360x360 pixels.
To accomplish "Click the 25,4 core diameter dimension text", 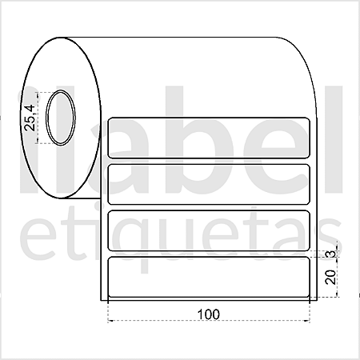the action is pos(30,118).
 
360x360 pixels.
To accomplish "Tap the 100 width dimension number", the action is pos(209,314).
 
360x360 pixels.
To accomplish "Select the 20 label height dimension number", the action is pos(330,277).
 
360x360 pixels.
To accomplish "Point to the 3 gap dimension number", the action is pos(331,254).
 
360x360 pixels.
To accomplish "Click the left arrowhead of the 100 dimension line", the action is pos(110,320).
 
